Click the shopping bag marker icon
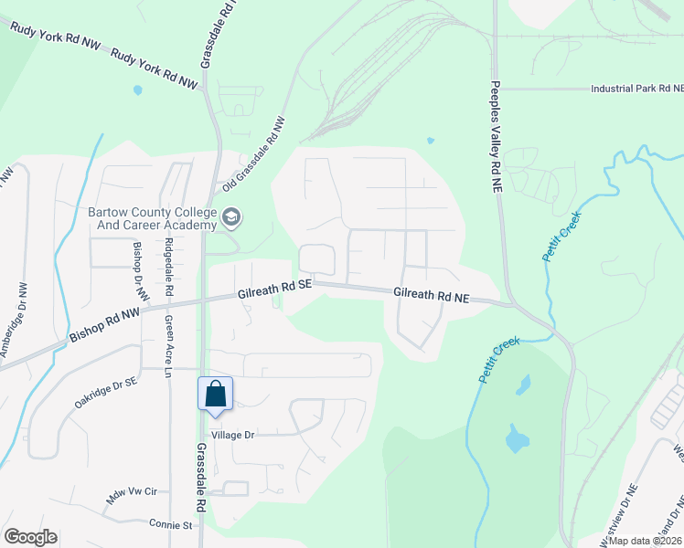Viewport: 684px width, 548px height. (x=215, y=394)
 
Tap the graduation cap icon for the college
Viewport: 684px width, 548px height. (x=231, y=217)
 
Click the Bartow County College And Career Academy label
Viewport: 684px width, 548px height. (x=152, y=218)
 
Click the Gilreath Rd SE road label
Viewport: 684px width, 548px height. (x=274, y=290)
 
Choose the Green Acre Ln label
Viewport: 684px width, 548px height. (x=169, y=346)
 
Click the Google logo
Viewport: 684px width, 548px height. (x=30, y=537)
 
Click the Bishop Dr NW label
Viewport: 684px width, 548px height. (x=141, y=271)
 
